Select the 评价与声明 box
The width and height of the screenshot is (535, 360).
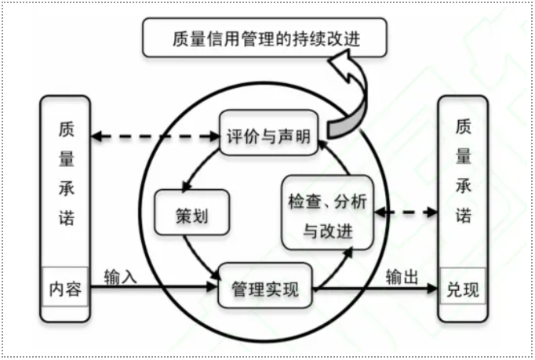(x=267, y=136)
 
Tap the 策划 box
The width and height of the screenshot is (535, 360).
(x=191, y=213)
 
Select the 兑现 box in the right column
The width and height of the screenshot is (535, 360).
(x=463, y=289)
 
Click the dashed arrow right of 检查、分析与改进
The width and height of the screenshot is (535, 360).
(x=406, y=212)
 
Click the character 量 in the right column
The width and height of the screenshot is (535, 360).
(x=462, y=156)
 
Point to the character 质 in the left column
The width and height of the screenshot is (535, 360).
(x=66, y=128)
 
